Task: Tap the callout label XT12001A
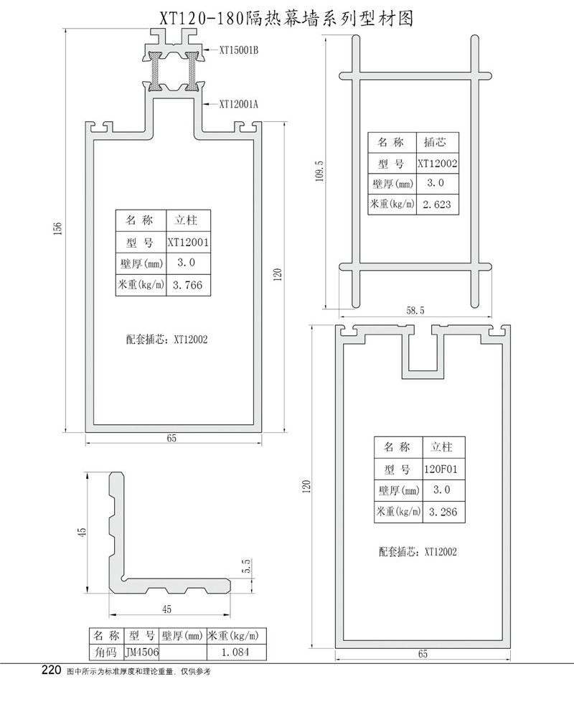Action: tap(237, 104)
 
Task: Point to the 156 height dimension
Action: tap(58, 228)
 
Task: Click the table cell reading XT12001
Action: tap(188, 243)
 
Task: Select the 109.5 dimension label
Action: tap(319, 172)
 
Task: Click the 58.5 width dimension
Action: tap(415, 310)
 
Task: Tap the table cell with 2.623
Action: tap(436, 205)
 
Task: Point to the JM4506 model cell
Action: tap(141, 652)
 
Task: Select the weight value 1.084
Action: tap(237, 652)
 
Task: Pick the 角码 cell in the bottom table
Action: tap(104, 652)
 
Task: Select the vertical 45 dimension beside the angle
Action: tap(82, 532)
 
